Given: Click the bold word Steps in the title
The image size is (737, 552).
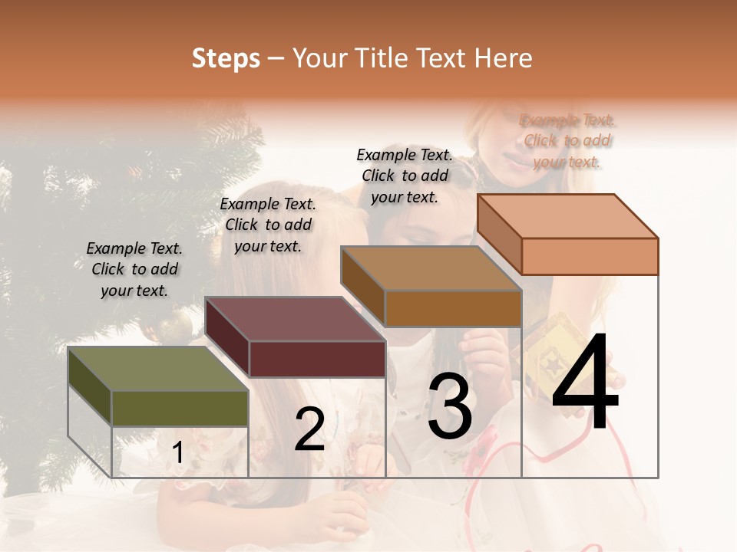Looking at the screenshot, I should pos(226,58).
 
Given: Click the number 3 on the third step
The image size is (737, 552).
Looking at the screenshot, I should pos(450,408).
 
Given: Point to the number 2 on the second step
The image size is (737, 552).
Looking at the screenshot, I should pos(309,429).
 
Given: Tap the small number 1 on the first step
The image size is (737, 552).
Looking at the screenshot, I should pos(178,453).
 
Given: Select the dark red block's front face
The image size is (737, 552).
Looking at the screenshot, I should pos(317,359).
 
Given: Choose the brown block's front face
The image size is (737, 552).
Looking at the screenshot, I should pos(453,308).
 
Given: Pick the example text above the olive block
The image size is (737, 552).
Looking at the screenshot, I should pos(134,269).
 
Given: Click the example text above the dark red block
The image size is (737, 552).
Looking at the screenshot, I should pos(268,225).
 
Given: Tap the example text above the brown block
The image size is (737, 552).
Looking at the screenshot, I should pos(405,176).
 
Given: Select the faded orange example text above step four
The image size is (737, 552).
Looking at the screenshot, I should pos(567,140).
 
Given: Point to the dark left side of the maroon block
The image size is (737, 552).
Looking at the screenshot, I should pos(227,337).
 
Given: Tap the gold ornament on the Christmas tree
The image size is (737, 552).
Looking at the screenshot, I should pos(176,326).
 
